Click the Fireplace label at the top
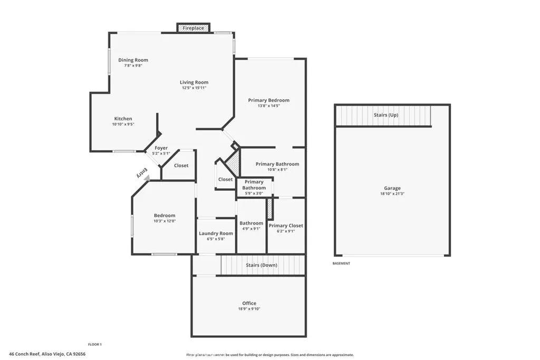coord(194,28)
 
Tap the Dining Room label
coord(133,60)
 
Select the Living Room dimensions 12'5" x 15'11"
coord(194,88)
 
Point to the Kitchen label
coord(123,119)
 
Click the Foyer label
coord(161,148)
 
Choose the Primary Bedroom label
coord(268,100)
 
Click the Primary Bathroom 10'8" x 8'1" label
coord(277,164)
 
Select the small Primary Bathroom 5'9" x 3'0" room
coord(254,188)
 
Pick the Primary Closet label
coord(286,226)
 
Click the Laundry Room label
coord(216,233)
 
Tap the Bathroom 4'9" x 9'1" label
coord(251,223)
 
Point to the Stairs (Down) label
coord(261,265)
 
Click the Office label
coord(249,303)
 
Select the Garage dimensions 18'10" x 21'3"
coord(392,194)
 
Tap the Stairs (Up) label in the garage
coord(386,115)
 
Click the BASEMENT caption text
coord(341,264)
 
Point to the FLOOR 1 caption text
coord(94,344)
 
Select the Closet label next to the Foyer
coord(181,166)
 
